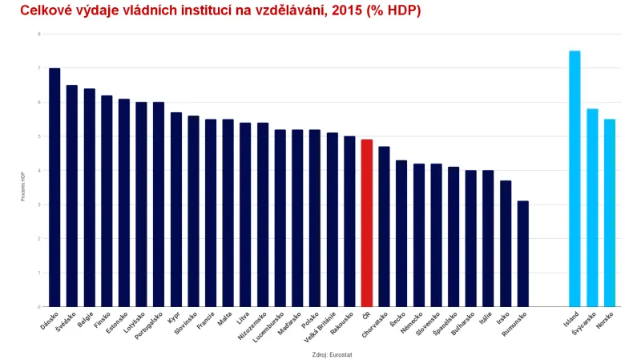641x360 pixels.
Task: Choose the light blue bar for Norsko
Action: click(610, 212)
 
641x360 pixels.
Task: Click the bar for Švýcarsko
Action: click(592, 208)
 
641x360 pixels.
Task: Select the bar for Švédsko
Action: click(72, 196)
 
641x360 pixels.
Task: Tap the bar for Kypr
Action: click(176, 209)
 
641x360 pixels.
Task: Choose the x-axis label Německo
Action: click(412, 325)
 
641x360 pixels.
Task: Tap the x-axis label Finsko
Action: click(100, 322)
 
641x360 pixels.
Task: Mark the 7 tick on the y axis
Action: click(38, 68)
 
